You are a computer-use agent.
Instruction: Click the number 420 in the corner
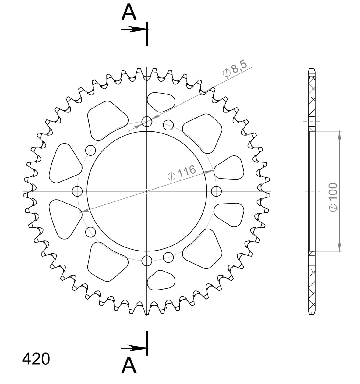(x=36, y=359)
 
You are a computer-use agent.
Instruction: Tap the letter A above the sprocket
(x=129, y=12)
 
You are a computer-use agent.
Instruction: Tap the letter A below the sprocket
(x=129, y=365)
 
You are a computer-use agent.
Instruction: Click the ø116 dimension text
(x=182, y=172)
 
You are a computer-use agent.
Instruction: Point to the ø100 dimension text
(x=333, y=197)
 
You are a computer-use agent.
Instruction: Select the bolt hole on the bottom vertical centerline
(x=147, y=260)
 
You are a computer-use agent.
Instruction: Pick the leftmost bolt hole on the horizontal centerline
(x=77, y=191)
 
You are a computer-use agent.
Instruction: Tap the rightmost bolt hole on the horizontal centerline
(x=216, y=191)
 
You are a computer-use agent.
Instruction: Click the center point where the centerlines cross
(x=147, y=191)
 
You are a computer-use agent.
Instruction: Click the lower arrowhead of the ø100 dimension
(x=339, y=247)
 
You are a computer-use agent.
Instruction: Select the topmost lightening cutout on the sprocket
(x=161, y=101)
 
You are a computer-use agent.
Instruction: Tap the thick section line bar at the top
(x=147, y=34)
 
